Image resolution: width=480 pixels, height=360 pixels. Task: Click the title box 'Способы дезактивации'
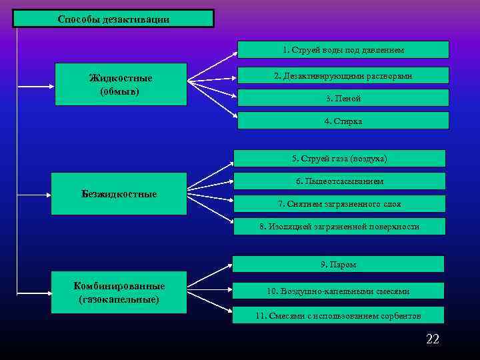(113, 19)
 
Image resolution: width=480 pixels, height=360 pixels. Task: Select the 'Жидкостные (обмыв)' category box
(121, 85)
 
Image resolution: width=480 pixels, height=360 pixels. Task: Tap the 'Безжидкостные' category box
(119, 194)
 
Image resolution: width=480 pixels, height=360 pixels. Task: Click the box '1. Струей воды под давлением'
(343, 50)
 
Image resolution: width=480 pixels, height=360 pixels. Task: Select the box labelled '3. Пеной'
(343, 98)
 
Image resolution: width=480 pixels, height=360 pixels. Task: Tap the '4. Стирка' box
(343, 121)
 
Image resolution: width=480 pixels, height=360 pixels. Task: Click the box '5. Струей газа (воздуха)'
(339, 159)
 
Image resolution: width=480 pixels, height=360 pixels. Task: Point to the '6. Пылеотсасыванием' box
(339, 181)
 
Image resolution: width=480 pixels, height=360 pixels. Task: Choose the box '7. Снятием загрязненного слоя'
(339, 203)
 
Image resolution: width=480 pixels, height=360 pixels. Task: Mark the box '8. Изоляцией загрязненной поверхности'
(339, 227)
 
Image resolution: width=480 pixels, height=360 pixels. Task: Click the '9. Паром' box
(338, 265)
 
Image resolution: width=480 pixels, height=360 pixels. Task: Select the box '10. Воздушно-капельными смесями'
(338, 291)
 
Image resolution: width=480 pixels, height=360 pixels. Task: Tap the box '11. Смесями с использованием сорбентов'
(338, 315)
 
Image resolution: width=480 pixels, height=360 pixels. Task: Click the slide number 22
(433, 340)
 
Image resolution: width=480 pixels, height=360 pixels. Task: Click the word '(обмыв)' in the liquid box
(120, 91)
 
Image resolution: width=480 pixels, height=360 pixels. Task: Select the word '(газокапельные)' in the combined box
(119, 299)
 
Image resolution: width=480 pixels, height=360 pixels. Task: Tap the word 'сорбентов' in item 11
(399, 315)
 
